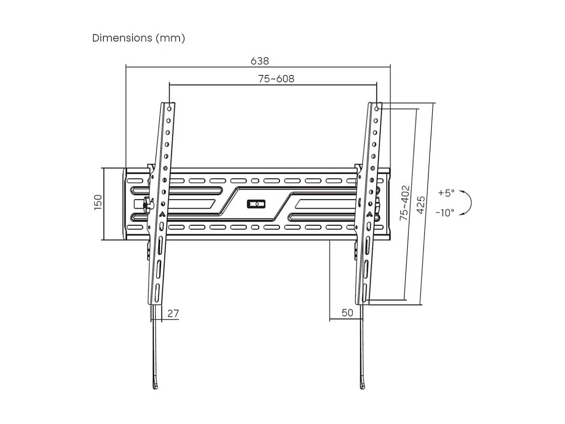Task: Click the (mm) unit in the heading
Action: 170,38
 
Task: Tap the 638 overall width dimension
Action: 260,61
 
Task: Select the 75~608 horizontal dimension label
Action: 276,79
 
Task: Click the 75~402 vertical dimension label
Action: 404,203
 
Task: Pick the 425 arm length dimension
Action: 421,205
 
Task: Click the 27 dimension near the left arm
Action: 173,313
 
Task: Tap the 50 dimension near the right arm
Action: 347,313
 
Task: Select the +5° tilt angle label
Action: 446,193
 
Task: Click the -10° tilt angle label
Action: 445,212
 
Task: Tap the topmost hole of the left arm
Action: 170,109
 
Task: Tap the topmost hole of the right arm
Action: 377,109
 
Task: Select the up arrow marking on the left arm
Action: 162,214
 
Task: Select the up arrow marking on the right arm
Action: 369,214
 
